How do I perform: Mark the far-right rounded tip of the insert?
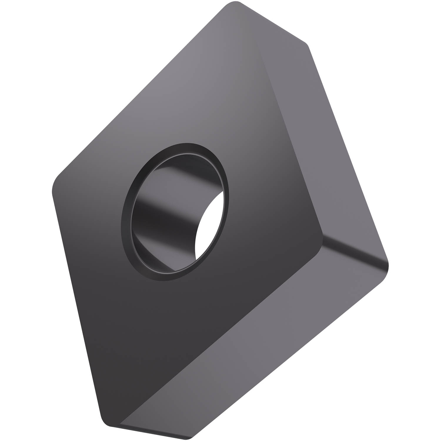click(x=387, y=265)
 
